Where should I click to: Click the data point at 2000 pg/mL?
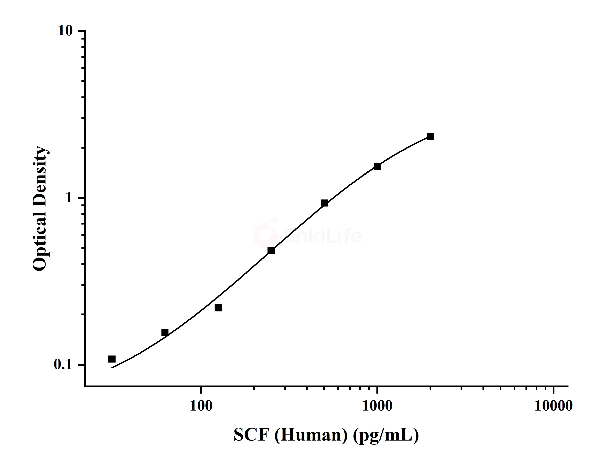pos(430,136)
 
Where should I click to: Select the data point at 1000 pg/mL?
pos(377,166)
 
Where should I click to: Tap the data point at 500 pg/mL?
pos(324,203)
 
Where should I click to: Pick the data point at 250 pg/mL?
pos(271,251)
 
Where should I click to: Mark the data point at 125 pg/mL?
pos(218,308)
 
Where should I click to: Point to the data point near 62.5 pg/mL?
pos(165,332)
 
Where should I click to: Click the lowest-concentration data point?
pos(112,359)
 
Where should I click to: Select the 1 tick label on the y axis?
pos(69,198)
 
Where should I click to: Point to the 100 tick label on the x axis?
pos(201,406)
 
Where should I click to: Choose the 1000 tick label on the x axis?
pos(377,406)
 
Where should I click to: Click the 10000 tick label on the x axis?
pos(553,406)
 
